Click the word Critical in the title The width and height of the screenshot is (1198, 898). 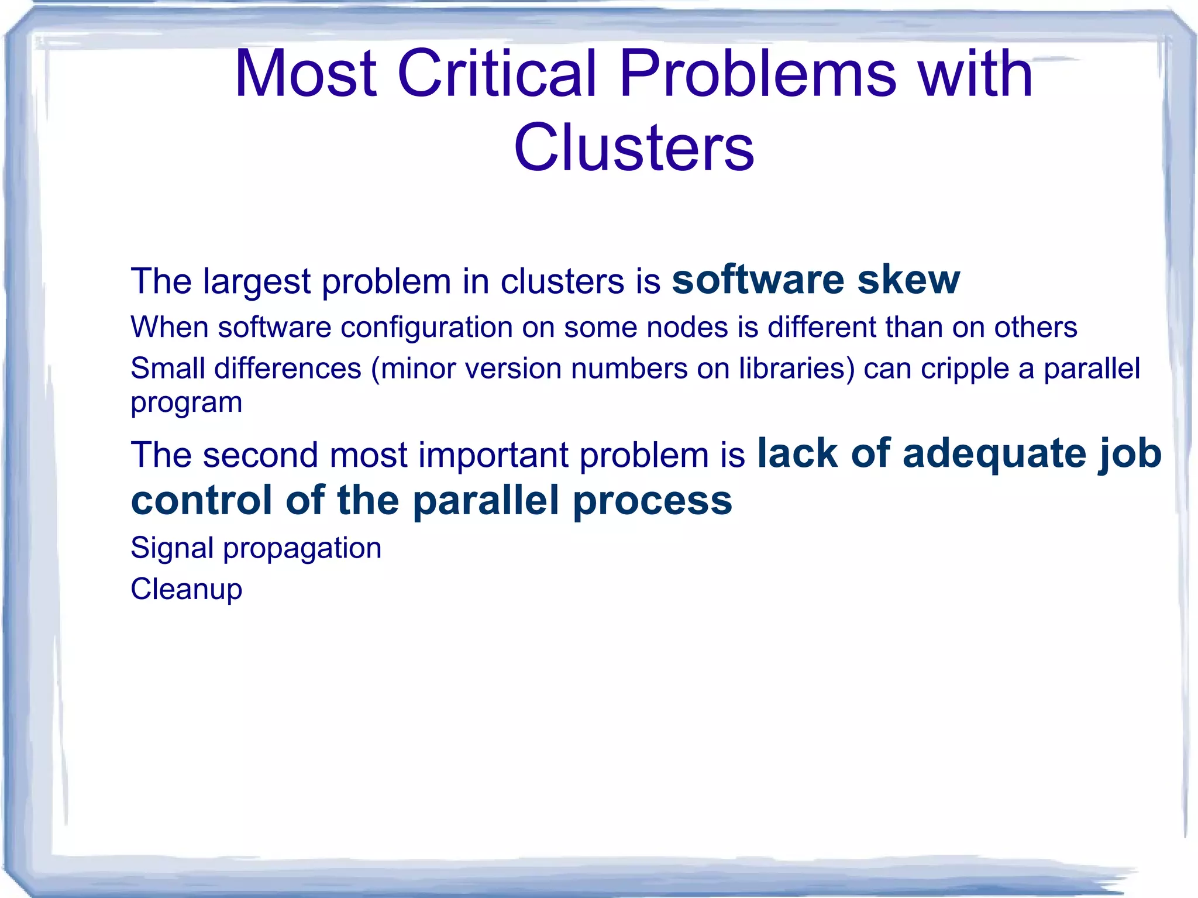[497, 74]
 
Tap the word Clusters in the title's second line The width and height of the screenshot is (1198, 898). [634, 148]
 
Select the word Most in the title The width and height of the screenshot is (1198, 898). [305, 74]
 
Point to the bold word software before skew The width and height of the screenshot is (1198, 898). [758, 280]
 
